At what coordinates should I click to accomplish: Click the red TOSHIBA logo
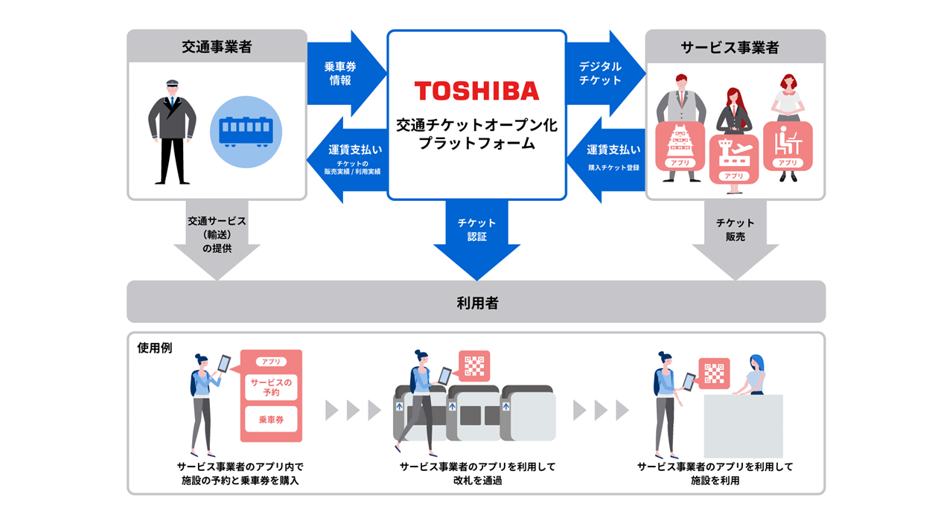point(476,91)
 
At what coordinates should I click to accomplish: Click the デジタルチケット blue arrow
point(603,73)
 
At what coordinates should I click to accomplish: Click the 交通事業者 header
point(217,47)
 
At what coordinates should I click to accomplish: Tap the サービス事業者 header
point(735,47)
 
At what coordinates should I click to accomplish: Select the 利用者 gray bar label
point(476,302)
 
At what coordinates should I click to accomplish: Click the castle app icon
point(679,146)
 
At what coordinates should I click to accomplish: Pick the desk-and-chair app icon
point(788,145)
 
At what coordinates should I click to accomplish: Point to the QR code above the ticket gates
point(474,366)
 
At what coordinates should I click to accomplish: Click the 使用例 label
point(155,347)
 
